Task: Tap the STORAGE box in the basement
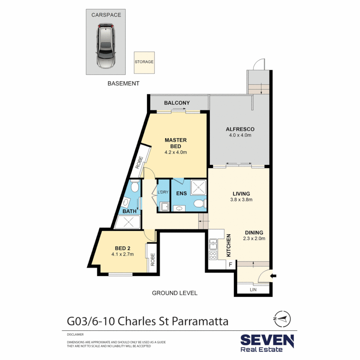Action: click(x=144, y=62)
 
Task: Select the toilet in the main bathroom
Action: click(x=135, y=187)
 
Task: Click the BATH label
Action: click(x=129, y=211)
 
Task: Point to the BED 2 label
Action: click(x=122, y=248)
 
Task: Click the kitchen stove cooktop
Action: click(x=213, y=256)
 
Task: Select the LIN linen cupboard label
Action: click(x=253, y=289)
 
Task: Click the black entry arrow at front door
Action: click(x=274, y=275)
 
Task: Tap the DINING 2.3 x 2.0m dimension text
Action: click(x=254, y=238)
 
